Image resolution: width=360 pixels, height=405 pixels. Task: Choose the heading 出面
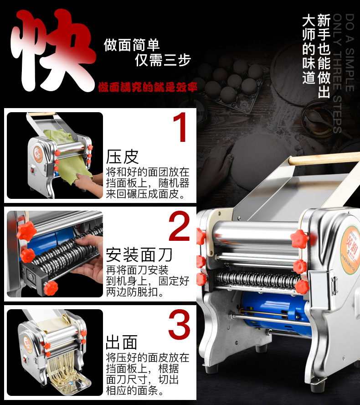(x=122, y=343)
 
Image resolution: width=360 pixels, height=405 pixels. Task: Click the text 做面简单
(x=132, y=45)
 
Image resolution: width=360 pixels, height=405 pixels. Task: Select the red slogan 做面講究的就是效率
(x=148, y=87)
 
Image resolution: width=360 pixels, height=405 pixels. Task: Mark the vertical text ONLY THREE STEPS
(x=337, y=73)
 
